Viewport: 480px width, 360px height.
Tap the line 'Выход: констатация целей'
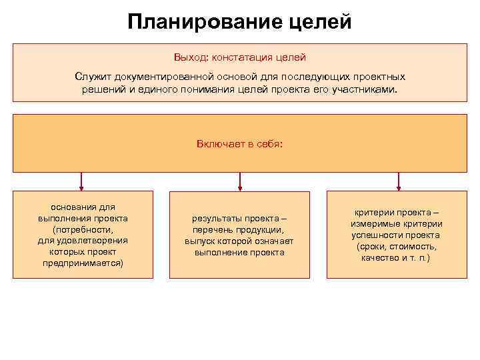(240, 58)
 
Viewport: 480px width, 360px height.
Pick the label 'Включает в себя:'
(239, 143)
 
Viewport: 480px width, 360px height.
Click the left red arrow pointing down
(81, 181)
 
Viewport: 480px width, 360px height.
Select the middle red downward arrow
(240, 181)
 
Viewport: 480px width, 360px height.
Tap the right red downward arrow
(399, 181)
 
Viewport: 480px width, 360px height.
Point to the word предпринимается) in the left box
(83, 263)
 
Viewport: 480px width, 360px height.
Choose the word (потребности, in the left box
(83, 229)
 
